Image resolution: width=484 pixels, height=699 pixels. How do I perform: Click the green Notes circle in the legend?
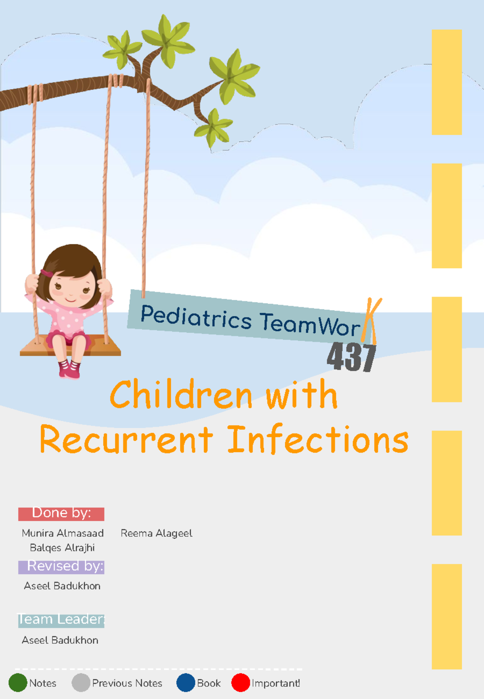click(x=18, y=683)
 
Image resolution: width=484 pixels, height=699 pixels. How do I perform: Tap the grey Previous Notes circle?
click(x=81, y=682)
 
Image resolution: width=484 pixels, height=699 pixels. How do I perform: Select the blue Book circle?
click(x=186, y=682)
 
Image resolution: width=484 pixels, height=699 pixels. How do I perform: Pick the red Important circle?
click(x=240, y=682)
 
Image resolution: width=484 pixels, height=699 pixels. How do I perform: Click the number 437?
click(x=351, y=357)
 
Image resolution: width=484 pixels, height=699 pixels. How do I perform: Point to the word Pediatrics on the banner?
click(x=196, y=317)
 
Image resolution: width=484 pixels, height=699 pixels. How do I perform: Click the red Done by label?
click(x=61, y=513)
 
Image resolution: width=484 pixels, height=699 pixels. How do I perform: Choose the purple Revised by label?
click(x=61, y=567)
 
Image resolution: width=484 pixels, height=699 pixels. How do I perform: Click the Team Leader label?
click(x=61, y=620)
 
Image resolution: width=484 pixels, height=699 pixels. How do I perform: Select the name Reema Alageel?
click(x=156, y=533)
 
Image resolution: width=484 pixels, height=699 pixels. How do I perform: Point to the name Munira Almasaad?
click(x=63, y=533)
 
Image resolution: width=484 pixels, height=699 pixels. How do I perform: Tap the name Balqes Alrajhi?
click(x=62, y=548)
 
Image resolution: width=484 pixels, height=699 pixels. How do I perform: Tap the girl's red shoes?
click(x=69, y=369)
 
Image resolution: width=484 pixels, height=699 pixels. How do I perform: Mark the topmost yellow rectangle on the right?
click(x=446, y=82)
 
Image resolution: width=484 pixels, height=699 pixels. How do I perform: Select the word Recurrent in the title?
click(x=126, y=439)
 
